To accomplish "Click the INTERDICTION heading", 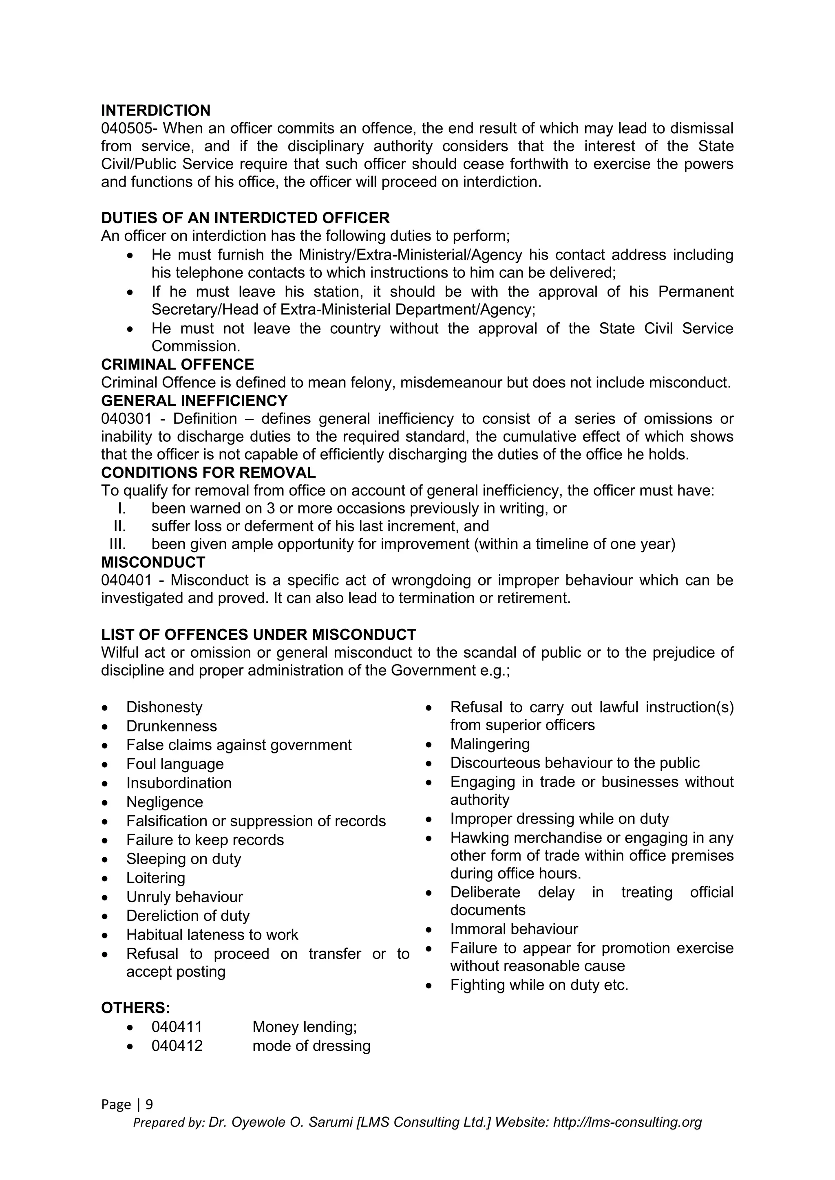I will coord(155,110).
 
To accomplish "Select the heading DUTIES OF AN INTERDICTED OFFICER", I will coord(245,218).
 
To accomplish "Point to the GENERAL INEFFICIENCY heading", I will coord(194,401).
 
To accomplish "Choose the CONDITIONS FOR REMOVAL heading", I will coord(208,472).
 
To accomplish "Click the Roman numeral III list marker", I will coord(118,544).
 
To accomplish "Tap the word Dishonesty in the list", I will coord(164,707).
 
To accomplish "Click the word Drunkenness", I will coord(172,726).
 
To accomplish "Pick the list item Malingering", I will coord(490,744).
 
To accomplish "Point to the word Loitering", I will coord(155,878).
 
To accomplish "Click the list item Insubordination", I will coord(179,783).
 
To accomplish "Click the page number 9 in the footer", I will coord(149,1105).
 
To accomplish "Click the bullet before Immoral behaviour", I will coord(429,930).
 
